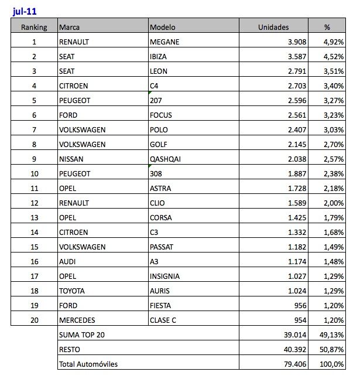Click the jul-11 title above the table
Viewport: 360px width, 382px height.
[x=24, y=10]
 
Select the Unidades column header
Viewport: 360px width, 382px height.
[x=274, y=27]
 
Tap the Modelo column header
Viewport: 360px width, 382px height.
[x=163, y=27]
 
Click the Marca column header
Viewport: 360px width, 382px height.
[x=70, y=27]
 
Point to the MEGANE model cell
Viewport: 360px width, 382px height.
[x=164, y=42]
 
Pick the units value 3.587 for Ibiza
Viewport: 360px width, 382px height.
[x=294, y=56]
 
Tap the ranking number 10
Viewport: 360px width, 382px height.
[x=34, y=173]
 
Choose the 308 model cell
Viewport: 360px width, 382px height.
[x=156, y=173]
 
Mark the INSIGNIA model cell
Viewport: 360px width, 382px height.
[x=166, y=276]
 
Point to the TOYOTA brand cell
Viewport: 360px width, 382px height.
[x=72, y=291]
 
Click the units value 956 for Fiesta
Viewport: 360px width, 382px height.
[x=298, y=305]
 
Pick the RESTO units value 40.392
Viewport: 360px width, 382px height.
[x=292, y=350]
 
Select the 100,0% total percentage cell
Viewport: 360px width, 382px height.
[x=335, y=364]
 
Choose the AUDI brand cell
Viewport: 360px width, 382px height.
[x=68, y=261]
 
